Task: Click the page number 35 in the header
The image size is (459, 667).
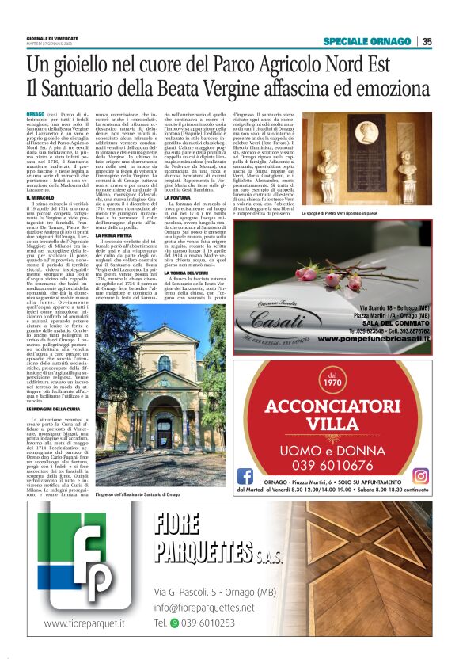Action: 427,41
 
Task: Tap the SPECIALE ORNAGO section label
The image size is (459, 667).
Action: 367,41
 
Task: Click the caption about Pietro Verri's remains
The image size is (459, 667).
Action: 370,215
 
